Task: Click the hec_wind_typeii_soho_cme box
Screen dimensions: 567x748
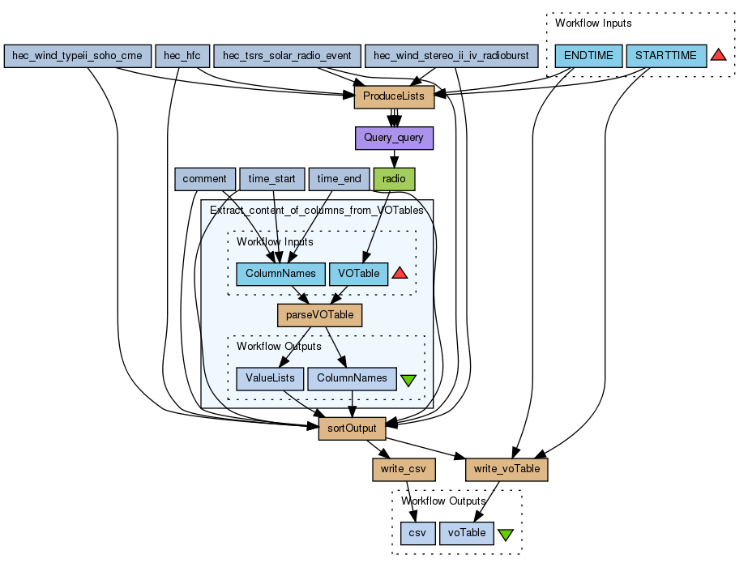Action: (78, 56)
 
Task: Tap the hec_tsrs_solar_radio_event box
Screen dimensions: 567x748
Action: (287, 56)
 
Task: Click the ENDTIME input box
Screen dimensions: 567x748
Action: (588, 56)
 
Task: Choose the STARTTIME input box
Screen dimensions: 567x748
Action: (666, 56)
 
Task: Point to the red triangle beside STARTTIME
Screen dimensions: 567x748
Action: (719, 55)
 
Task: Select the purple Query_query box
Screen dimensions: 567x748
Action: (394, 138)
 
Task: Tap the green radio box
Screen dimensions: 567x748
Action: (394, 179)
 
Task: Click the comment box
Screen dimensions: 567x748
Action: (204, 179)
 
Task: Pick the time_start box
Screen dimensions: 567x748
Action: (271, 179)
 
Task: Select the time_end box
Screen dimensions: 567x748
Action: (339, 179)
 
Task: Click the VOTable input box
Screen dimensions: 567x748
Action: (358, 274)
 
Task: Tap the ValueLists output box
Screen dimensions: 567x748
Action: (270, 378)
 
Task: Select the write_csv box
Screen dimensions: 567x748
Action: (403, 469)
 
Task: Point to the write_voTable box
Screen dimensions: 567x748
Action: (507, 469)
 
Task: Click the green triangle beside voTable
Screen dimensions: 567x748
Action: (506, 534)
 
